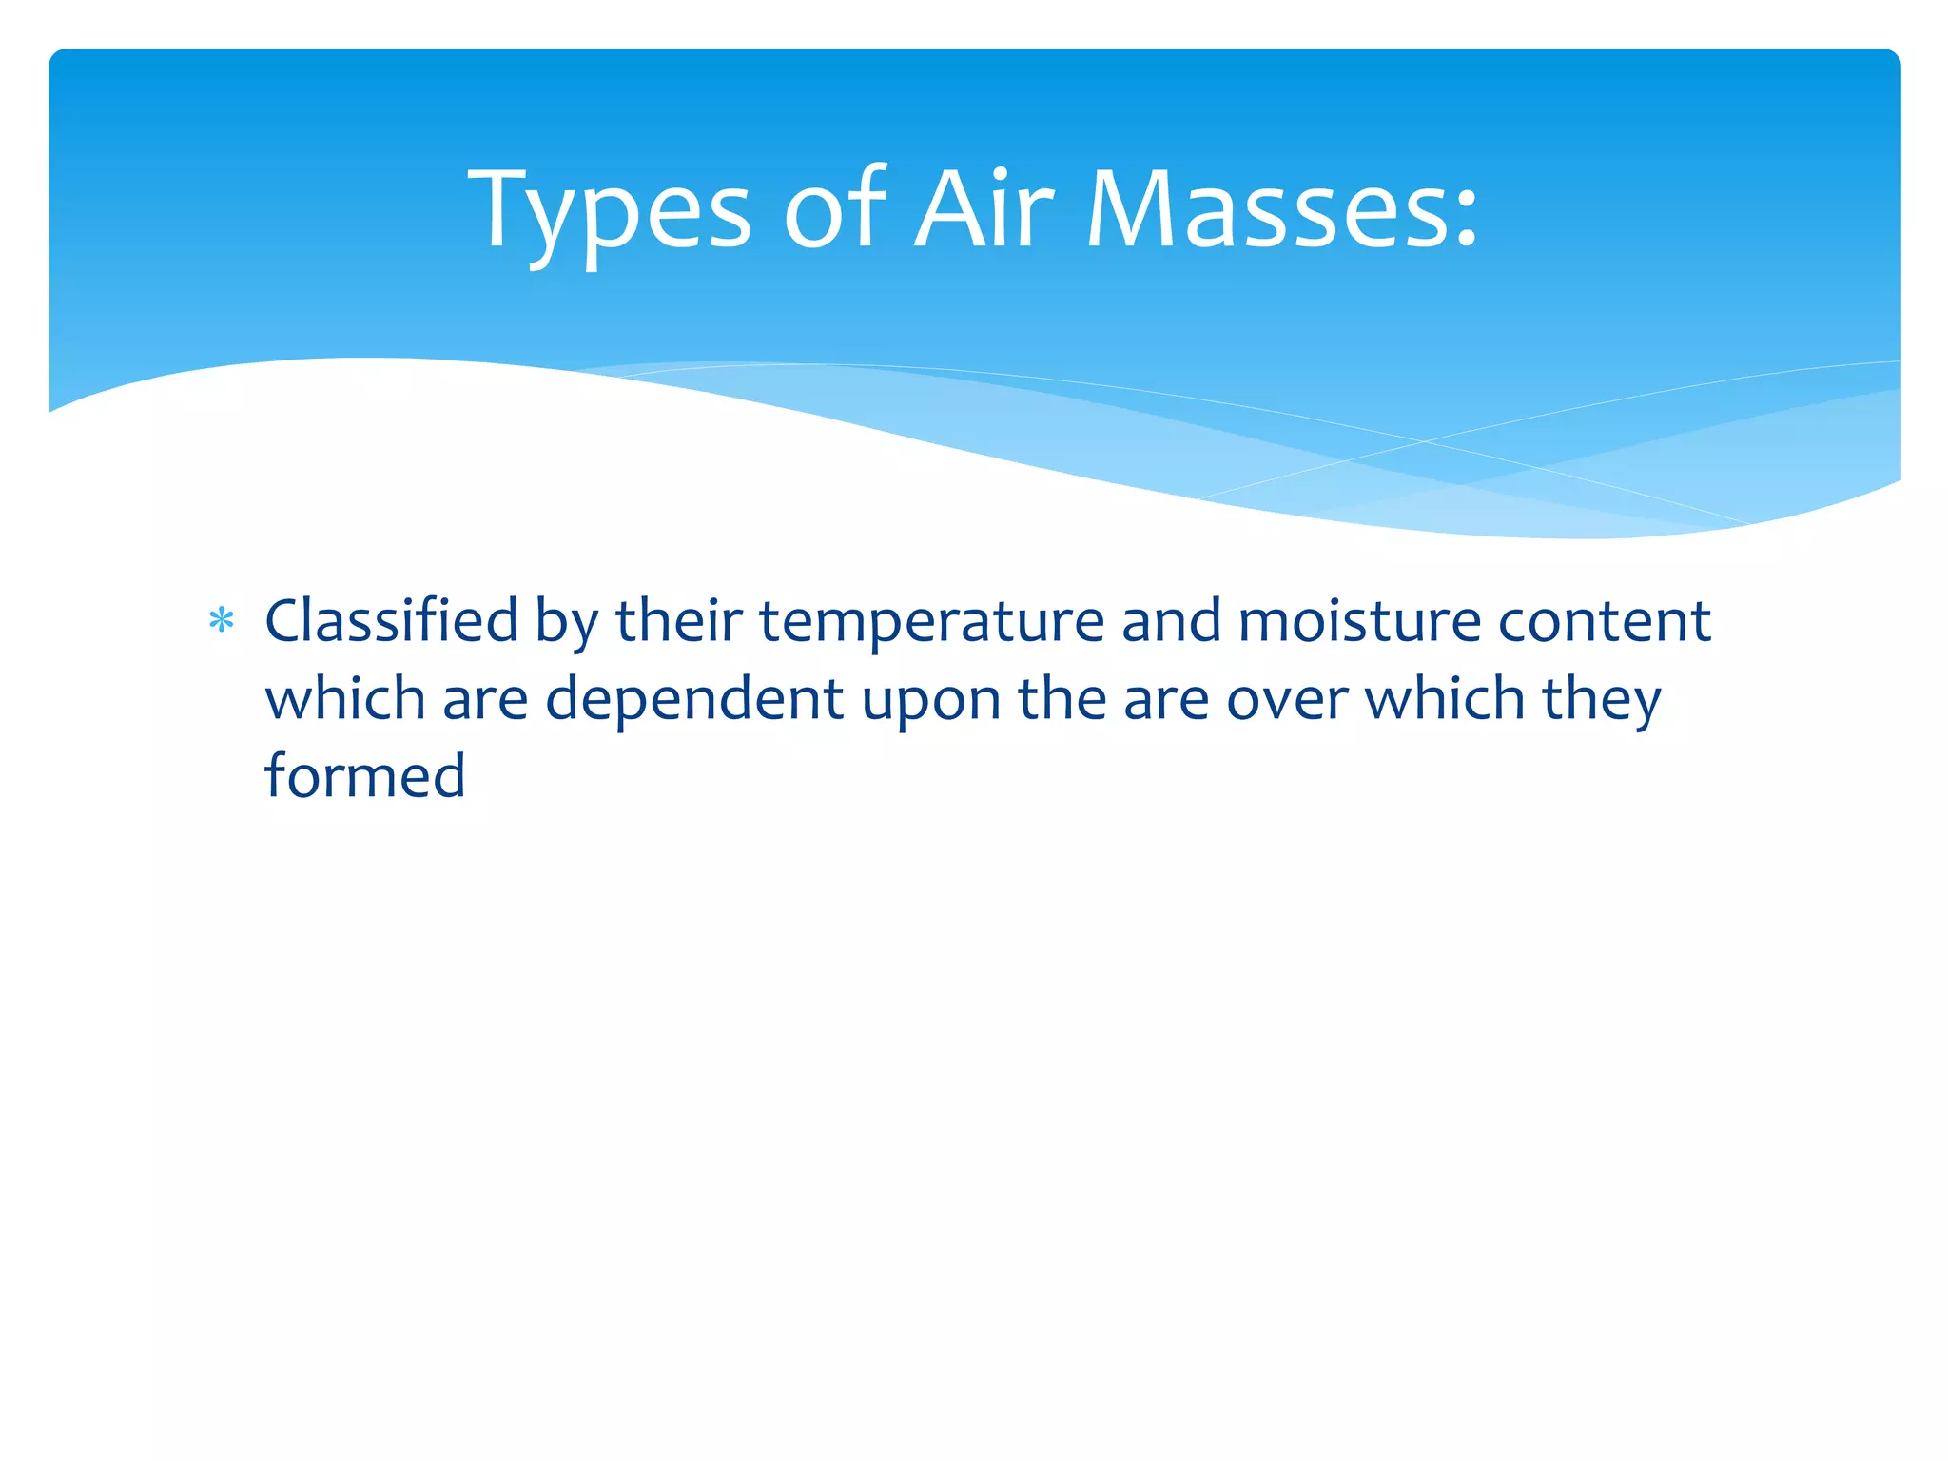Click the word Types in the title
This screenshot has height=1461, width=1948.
pyautogui.click(x=609, y=211)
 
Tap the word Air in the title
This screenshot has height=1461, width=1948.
pyautogui.click(x=984, y=211)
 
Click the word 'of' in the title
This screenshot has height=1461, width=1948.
pyautogui.click(x=834, y=211)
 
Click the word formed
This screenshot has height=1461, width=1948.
pyautogui.click(x=364, y=776)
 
